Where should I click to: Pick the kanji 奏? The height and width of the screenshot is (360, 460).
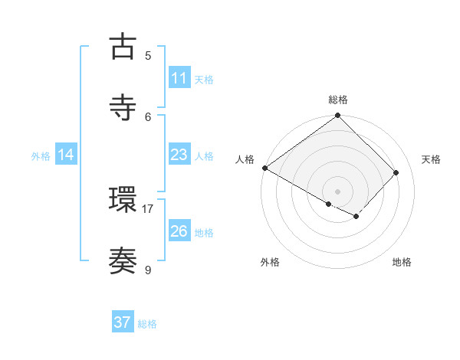[x=123, y=261]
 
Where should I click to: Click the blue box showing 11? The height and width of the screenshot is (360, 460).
[x=179, y=78]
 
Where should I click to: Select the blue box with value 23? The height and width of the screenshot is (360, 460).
[x=179, y=155]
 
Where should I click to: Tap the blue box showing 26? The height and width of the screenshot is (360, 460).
[x=179, y=231]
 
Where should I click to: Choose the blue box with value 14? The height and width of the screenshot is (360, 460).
[x=66, y=155]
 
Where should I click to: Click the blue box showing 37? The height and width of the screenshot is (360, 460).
[x=123, y=322]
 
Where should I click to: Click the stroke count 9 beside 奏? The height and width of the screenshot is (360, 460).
[x=148, y=270]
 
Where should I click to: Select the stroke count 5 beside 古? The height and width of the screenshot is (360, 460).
[x=148, y=55]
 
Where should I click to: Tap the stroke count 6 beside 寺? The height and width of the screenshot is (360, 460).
[x=148, y=116]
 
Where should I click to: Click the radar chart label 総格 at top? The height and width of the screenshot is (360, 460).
[x=338, y=100]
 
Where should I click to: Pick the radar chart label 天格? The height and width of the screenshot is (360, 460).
[x=431, y=159]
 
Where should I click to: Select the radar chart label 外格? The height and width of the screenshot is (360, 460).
[x=270, y=262]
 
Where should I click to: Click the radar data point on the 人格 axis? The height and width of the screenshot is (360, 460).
[x=264, y=168]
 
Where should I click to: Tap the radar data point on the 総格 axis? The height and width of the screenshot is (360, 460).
[x=338, y=116]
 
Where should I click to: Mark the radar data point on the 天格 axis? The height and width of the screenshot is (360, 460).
[x=396, y=172]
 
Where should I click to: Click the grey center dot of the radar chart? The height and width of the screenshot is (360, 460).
[x=338, y=191]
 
